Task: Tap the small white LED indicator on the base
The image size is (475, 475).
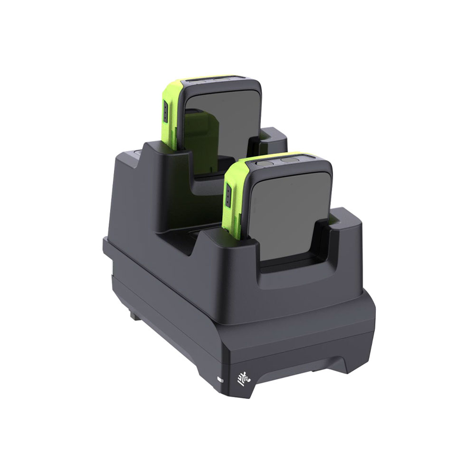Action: pos(221,378)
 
